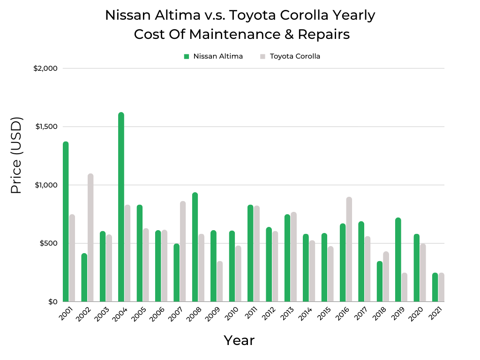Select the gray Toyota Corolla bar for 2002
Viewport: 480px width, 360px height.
(x=90, y=238)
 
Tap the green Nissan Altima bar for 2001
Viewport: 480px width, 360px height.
(x=66, y=222)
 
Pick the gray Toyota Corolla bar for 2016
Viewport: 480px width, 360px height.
(x=349, y=249)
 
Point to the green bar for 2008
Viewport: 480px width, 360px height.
(x=195, y=247)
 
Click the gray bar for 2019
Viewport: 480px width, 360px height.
(x=405, y=287)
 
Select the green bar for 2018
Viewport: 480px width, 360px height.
(x=380, y=281)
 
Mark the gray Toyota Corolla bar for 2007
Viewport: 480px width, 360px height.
(x=183, y=251)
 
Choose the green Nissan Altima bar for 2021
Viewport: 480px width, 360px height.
(x=435, y=287)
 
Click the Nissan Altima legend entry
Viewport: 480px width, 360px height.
(x=214, y=56)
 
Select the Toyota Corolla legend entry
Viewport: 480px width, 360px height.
(x=291, y=56)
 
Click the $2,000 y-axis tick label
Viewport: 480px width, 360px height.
(x=45, y=68)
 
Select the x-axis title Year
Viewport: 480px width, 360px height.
(x=239, y=340)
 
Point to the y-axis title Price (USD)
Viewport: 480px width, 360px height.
(x=17, y=156)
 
